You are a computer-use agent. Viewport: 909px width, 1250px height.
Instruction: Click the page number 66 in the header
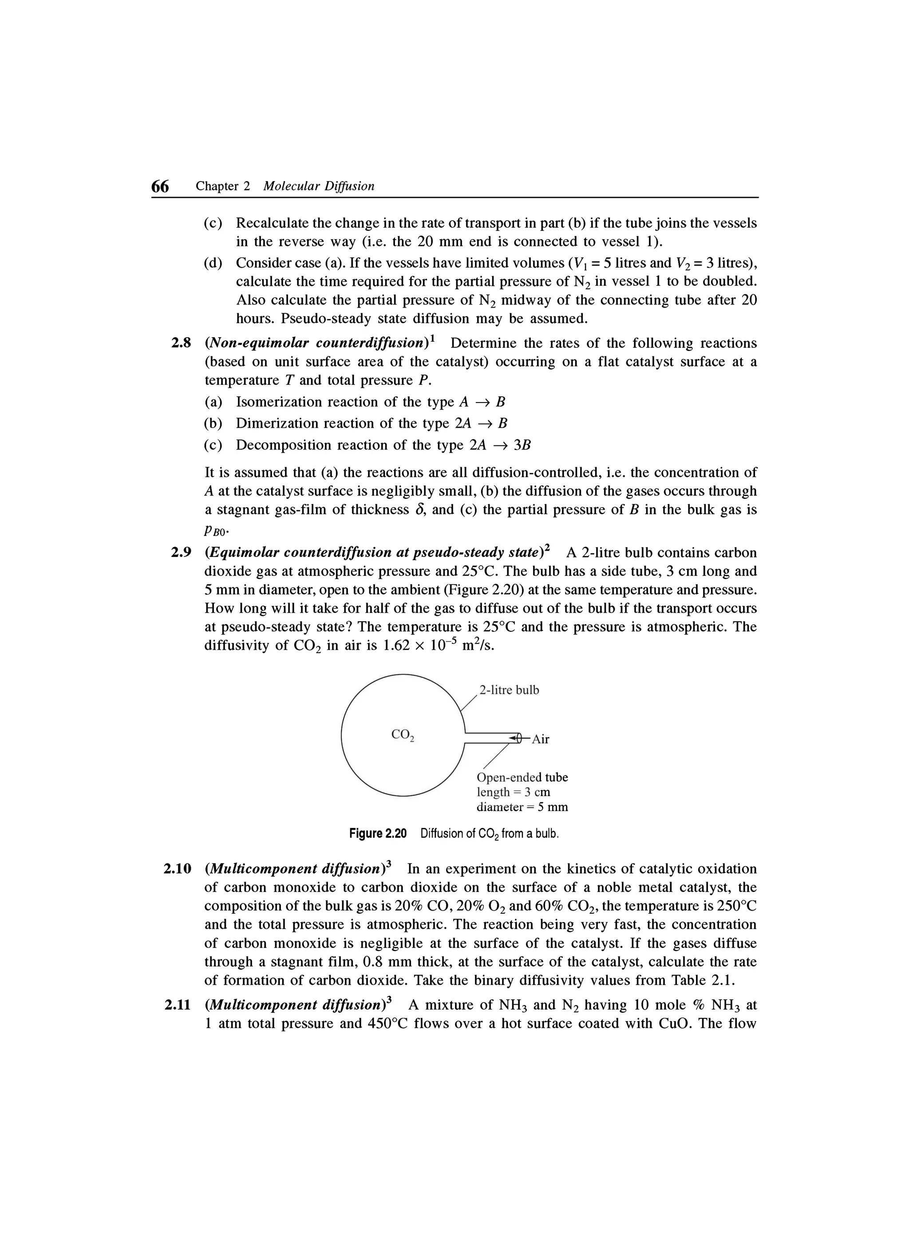160,187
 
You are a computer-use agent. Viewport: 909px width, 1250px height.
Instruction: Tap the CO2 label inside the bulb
403,735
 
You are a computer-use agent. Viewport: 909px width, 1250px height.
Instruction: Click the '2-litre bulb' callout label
509,690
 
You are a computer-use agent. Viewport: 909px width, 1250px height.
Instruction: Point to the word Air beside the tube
540,740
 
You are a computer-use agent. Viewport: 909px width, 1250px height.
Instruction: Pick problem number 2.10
178,869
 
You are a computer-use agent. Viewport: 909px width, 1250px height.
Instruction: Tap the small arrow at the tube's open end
515,737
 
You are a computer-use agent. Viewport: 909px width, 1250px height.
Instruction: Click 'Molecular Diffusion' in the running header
319,186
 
